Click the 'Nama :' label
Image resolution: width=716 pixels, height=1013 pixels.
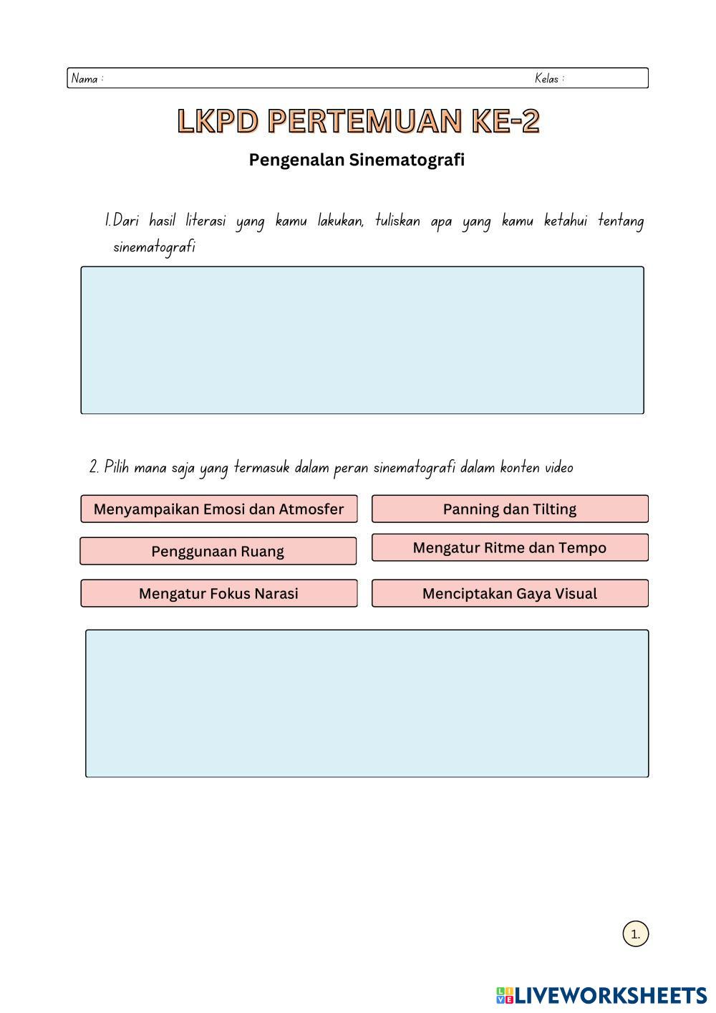87,79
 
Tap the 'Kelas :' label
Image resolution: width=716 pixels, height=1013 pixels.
549,79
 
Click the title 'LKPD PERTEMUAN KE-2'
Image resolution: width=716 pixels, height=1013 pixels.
358,121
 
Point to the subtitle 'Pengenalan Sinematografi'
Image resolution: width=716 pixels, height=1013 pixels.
357,160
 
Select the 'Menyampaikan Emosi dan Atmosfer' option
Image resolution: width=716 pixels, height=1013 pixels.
218,509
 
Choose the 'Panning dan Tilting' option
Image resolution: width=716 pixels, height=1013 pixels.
510,509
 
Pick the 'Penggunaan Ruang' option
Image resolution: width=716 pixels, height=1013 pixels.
218,552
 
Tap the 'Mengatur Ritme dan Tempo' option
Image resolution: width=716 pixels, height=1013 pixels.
510,548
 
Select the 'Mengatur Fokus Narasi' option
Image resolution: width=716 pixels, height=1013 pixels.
218,594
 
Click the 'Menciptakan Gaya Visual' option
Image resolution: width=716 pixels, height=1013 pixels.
510,594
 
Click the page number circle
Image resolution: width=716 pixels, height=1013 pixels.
635,934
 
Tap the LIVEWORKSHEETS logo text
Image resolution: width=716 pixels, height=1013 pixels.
611,995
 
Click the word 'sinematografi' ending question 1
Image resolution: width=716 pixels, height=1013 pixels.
154,247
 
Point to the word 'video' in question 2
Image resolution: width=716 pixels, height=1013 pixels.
558,468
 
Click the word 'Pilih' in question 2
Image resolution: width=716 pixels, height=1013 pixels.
116,468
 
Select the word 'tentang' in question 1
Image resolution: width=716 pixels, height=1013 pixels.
621,221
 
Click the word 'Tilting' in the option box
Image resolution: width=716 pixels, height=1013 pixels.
552,509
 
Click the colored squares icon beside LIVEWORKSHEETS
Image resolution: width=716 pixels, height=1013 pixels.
505,995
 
